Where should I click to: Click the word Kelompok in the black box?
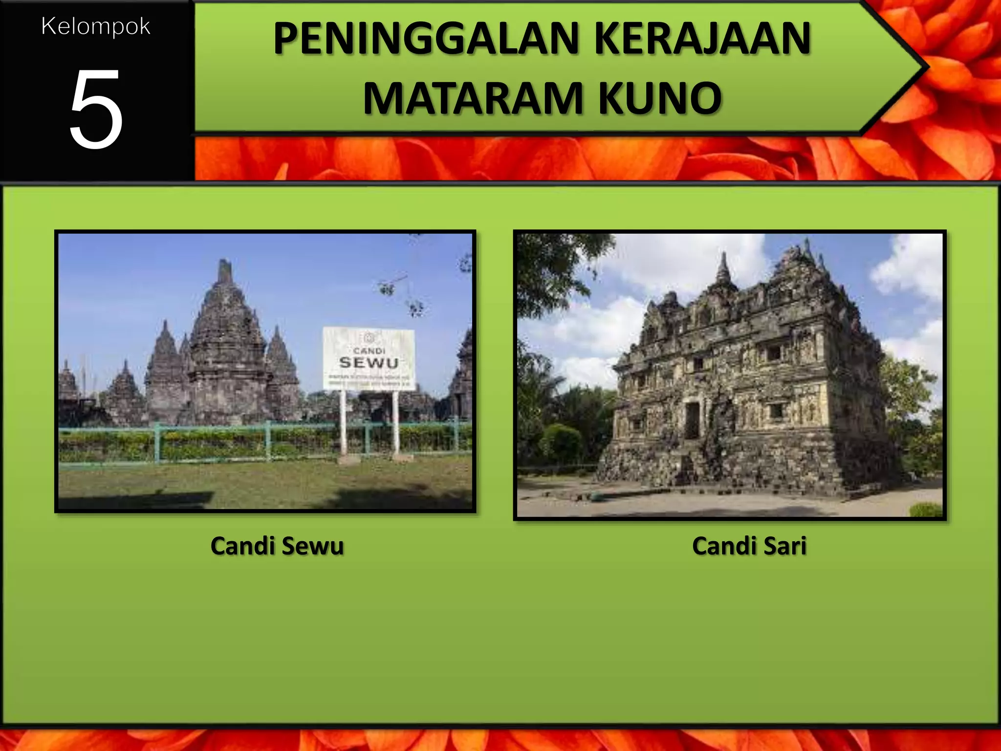(x=96, y=27)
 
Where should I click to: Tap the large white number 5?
(x=96, y=109)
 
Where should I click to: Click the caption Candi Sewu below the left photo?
(x=277, y=546)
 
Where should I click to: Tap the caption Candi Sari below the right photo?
(x=749, y=546)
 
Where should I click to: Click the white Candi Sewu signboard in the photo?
(x=369, y=358)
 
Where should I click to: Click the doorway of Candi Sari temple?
(x=692, y=420)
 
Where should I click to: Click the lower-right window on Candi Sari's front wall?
(x=776, y=411)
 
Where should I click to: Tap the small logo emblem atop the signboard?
(x=369, y=337)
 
